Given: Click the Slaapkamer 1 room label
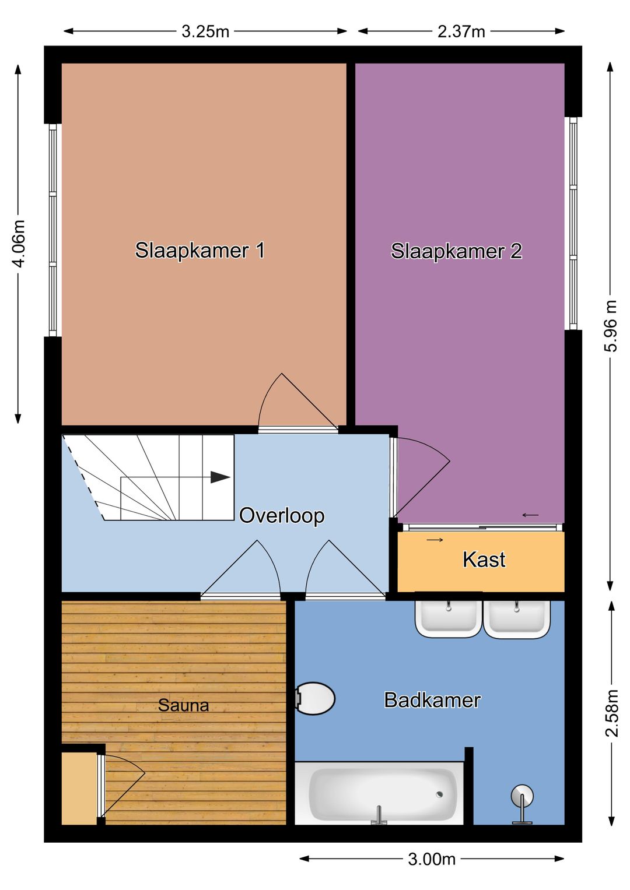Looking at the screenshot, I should click(199, 250).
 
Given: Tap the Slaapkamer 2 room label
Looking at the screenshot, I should click(456, 251).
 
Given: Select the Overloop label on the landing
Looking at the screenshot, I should click(282, 515).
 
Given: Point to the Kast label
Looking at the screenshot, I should click(484, 560).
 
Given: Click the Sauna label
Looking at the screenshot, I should click(183, 705).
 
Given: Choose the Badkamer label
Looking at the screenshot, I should click(432, 700).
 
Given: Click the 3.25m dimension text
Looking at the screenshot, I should click(205, 31).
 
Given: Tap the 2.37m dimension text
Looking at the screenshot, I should click(461, 31).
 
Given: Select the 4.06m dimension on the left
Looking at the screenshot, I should click(19, 244).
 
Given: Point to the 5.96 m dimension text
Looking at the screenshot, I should click(610, 326).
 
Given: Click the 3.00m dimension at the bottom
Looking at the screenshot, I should click(431, 859).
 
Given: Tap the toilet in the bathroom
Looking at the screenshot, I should click(314, 698).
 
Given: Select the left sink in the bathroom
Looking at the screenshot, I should click(448, 618).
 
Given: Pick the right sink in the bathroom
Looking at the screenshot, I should click(517, 618).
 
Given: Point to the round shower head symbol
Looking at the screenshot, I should click(522, 796).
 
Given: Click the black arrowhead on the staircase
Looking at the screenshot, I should click(220, 477).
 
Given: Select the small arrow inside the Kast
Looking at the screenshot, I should click(435, 540).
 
